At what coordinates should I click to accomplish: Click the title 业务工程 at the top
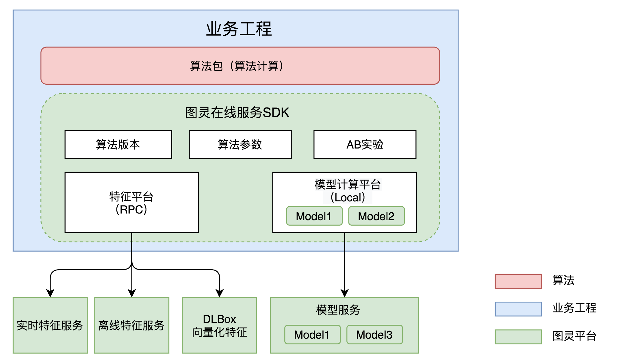(x=239, y=29)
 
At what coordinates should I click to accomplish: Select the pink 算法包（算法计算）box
(x=240, y=66)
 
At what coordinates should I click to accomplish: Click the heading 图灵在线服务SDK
(x=237, y=113)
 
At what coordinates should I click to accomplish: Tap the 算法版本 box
(x=118, y=144)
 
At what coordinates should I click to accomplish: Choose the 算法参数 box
(x=240, y=144)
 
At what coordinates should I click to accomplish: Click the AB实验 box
(x=365, y=144)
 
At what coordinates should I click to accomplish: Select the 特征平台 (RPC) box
(x=131, y=203)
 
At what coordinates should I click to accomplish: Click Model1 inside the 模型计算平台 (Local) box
(x=314, y=216)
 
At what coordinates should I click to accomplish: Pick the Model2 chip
(x=376, y=216)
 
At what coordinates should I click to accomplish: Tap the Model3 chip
(x=374, y=335)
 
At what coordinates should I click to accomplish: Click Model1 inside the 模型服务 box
(x=312, y=335)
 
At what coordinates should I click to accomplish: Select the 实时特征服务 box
(x=50, y=325)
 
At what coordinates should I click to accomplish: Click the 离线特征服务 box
(x=131, y=325)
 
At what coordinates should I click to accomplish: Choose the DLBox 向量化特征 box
(x=219, y=325)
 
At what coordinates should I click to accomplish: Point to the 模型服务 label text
(x=338, y=310)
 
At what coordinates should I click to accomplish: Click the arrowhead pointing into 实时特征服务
(x=50, y=293)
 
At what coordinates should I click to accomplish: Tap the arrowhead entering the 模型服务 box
(x=344, y=293)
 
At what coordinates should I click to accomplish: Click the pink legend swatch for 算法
(x=518, y=281)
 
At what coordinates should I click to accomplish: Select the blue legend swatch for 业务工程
(x=518, y=309)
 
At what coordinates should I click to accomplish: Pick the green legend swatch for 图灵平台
(x=518, y=337)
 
